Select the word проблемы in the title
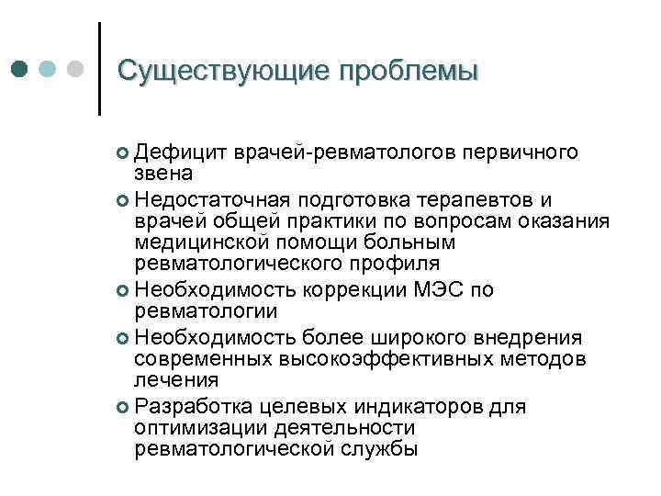[x=409, y=72]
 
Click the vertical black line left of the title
[x=98, y=69]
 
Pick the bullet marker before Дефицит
[x=124, y=152]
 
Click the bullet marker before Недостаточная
[x=124, y=199]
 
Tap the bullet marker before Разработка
[x=124, y=407]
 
